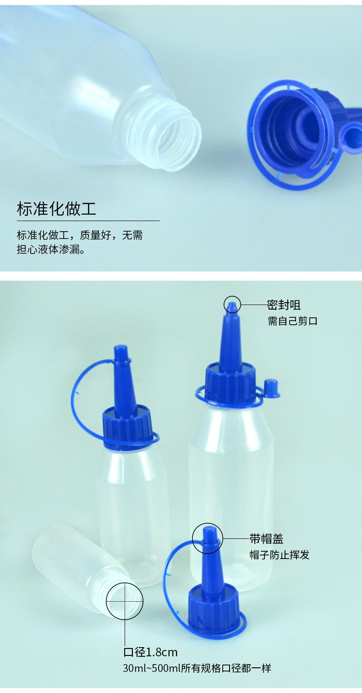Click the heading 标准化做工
click(56, 209)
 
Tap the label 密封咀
click(284, 305)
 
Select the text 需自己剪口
click(292, 321)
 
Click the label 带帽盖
click(266, 538)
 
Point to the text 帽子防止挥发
click(279, 554)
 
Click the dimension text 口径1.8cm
click(150, 652)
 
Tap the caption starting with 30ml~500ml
click(197, 668)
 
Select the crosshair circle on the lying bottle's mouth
click(125, 601)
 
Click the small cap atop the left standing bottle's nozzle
click(121, 352)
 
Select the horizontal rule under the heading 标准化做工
click(88, 221)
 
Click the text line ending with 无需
click(80, 236)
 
